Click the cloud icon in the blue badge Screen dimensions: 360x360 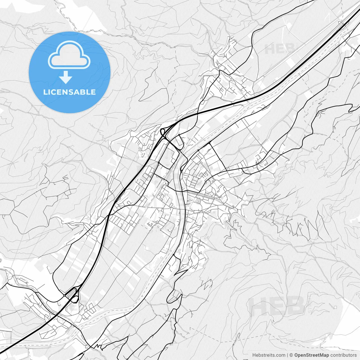tap(69, 55)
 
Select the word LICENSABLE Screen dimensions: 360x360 tap(69, 92)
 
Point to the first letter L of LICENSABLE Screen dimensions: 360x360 tap(45, 92)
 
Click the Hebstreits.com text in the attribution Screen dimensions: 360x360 tap(268, 355)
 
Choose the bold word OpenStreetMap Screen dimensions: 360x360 tap(312, 355)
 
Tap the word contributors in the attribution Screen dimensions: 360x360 tap(343, 355)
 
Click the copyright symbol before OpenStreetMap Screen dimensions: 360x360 tap(291, 355)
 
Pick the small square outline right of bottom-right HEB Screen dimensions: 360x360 tap(336, 307)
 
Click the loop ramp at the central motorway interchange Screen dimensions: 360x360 tap(162, 131)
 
